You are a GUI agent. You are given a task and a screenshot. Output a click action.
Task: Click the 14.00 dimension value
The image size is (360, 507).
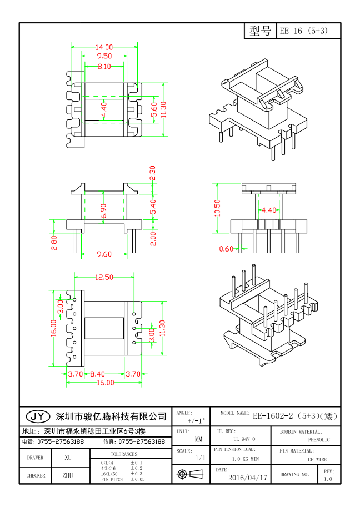click(x=104, y=47)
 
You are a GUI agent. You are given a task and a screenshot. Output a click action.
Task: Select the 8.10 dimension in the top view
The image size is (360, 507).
click(x=104, y=67)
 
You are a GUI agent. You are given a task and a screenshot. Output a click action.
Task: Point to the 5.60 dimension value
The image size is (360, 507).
click(x=154, y=109)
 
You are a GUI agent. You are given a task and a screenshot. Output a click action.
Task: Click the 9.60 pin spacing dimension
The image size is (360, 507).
click(x=104, y=254)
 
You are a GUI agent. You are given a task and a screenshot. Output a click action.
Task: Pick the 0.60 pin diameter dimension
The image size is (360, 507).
click(x=226, y=249)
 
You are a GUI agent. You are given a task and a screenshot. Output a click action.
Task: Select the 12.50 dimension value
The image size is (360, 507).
click(x=104, y=277)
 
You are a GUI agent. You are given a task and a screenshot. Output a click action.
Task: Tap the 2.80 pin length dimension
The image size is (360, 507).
click(x=54, y=243)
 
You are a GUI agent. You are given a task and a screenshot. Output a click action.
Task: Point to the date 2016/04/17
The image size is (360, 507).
click(x=248, y=477)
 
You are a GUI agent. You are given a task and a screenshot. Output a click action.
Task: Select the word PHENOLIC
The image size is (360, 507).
click(x=319, y=440)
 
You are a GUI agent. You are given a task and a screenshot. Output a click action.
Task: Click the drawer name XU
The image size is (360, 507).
click(x=68, y=458)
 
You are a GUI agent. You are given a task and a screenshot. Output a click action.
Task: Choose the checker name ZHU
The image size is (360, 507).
click(x=68, y=476)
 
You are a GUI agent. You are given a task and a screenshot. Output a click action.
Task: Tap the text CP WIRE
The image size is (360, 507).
click(x=318, y=459)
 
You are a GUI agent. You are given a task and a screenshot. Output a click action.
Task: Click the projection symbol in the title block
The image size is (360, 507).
click(x=189, y=474)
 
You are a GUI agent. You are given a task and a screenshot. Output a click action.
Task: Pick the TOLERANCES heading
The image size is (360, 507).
click(x=123, y=454)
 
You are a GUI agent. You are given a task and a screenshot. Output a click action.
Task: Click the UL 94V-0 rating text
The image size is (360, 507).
click(x=241, y=439)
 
